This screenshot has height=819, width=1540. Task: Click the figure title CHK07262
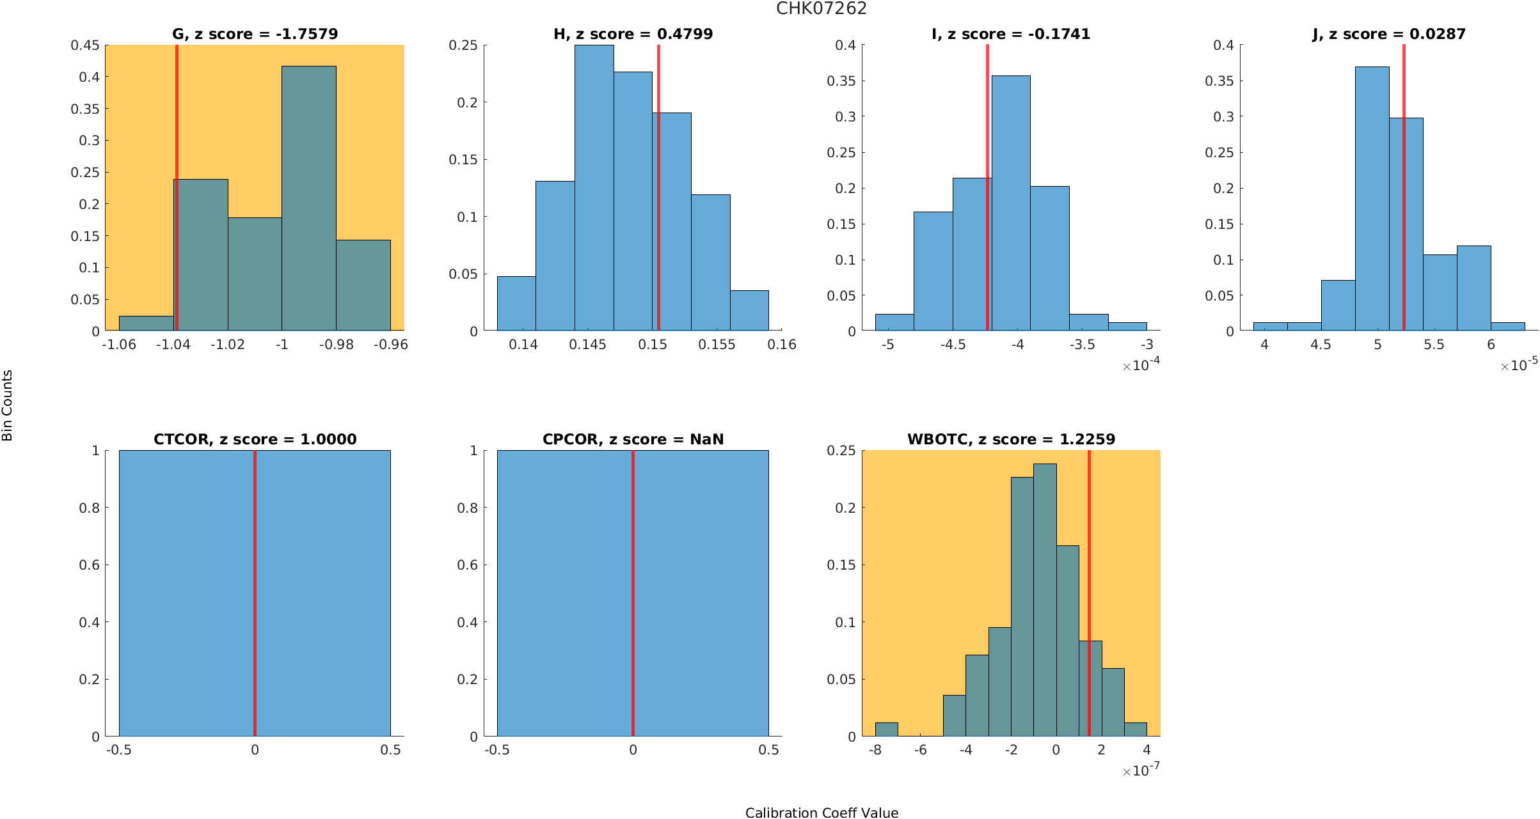821,9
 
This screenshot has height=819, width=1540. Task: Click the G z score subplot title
255,34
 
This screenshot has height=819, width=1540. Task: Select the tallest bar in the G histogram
308,198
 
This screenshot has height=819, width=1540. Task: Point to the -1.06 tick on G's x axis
119,345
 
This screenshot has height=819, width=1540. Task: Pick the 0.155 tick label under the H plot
717,345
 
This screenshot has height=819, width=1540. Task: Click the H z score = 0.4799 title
633,34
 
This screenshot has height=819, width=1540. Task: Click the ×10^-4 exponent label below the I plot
1141,365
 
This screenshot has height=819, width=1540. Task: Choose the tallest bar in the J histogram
1372,198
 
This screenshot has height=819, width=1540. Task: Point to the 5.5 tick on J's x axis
1434,345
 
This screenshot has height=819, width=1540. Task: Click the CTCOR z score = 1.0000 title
255,439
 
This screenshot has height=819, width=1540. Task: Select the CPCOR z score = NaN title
633,439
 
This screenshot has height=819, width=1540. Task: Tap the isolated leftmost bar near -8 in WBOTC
886,729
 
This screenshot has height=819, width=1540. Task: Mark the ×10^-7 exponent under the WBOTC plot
1141,770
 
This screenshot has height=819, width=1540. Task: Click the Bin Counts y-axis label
8,405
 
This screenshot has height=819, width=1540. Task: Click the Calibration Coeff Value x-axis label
822,813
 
